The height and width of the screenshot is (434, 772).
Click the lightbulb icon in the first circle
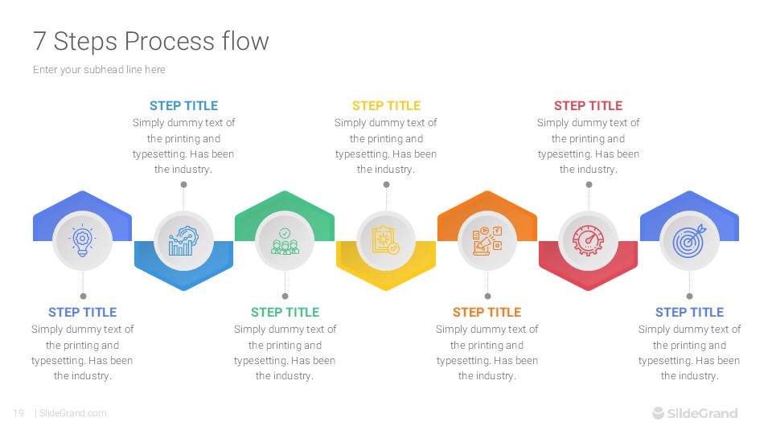point(82,240)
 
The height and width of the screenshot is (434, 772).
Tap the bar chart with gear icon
point(183,240)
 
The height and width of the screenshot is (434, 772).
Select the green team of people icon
point(285,241)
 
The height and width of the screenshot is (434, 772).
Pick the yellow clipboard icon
point(385,240)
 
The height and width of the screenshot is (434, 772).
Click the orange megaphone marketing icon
point(487,240)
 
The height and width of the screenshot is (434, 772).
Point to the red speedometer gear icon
point(589,240)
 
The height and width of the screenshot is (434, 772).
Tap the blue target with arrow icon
point(690,240)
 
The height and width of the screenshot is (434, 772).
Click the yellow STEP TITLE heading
point(386,106)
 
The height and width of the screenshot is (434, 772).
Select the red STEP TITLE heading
point(589,106)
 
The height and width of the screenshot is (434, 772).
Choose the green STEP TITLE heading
point(285,313)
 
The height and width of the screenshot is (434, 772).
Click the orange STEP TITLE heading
point(487,313)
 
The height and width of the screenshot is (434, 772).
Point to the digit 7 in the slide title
point(39,41)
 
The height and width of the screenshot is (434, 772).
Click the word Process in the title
point(170,41)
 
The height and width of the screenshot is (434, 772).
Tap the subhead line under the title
point(99,70)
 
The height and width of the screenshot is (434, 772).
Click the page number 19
point(18,413)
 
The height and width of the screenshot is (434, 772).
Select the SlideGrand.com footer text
point(73,413)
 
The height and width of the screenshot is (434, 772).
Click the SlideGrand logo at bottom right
point(695,413)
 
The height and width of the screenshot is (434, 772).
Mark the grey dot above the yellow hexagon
point(387,185)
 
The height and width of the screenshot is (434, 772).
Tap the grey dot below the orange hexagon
point(487,297)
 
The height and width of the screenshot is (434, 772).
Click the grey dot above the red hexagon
point(589,185)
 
